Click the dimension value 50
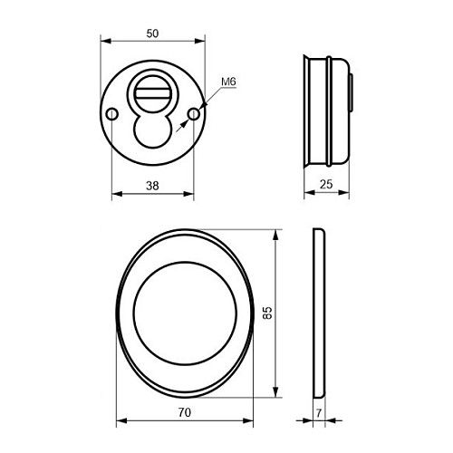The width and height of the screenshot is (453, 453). [x=151, y=34]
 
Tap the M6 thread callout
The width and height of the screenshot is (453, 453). [x=228, y=82]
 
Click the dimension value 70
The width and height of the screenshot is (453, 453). [x=184, y=411]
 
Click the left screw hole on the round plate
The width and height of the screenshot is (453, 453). [x=112, y=115]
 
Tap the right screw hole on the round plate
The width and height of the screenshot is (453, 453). [x=193, y=115]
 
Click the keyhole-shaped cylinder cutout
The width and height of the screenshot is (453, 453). [x=153, y=127]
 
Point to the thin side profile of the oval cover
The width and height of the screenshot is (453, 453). [x=318, y=313]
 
